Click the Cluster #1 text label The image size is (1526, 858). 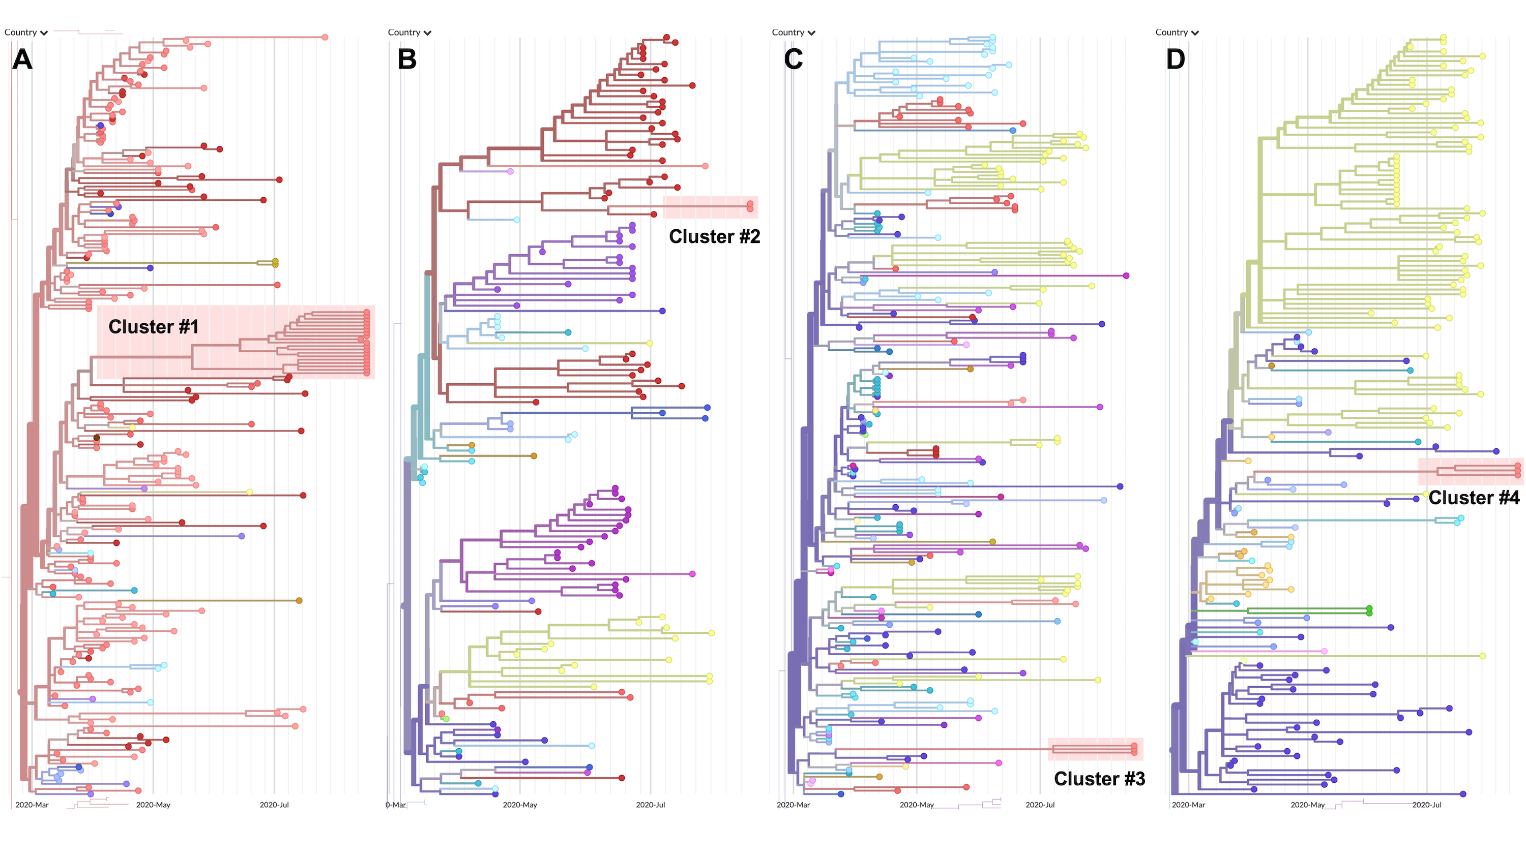pos(154,327)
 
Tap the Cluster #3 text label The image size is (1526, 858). pos(1099,779)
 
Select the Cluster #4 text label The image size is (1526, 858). pos(1474,498)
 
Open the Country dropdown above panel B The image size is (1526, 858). pos(409,33)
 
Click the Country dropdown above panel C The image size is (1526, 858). pos(793,33)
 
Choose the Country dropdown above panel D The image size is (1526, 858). pos(1177,33)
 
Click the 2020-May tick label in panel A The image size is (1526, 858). pos(153,805)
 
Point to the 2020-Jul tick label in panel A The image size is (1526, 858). pos(274,805)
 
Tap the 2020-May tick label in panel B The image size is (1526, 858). pos(519,805)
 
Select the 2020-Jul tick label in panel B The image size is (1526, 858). pos(651,805)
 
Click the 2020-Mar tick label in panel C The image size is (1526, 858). pos(793,805)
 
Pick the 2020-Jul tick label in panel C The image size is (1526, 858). pos(1040,805)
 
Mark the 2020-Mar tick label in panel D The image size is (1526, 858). pos(1188,805)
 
